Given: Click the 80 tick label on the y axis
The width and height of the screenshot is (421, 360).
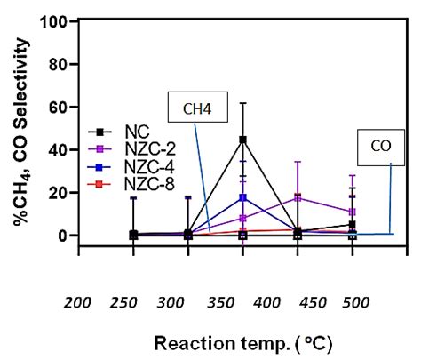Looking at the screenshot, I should tap(59, 64).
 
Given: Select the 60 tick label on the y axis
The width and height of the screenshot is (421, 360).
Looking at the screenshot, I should tap(59, 107).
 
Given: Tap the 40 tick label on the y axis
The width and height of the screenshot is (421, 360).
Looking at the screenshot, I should tap(59, 149).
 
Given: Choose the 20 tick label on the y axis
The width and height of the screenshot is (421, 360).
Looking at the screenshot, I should tap(59, 193).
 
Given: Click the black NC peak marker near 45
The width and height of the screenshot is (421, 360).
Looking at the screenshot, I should tap(242, 140).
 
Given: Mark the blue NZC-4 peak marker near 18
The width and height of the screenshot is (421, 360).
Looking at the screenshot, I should tap(242, 197).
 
